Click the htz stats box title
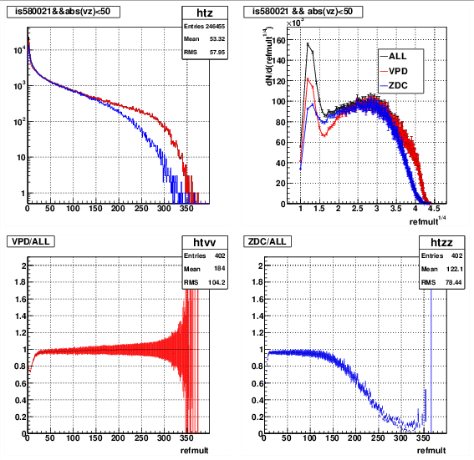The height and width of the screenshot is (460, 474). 205,13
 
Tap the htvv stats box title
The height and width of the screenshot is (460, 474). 205,242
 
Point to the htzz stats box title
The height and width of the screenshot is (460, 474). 441,242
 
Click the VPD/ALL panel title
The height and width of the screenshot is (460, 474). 31,241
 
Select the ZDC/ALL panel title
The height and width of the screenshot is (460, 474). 268,241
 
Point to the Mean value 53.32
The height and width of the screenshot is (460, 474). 217,39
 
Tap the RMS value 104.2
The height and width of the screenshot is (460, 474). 217,282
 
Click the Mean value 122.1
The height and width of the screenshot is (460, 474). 455,269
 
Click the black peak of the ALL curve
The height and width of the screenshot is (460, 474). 308,44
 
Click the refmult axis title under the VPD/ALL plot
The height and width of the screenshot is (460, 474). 195,451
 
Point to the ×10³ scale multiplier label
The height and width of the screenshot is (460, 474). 295,23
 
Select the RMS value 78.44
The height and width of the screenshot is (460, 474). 453,282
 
